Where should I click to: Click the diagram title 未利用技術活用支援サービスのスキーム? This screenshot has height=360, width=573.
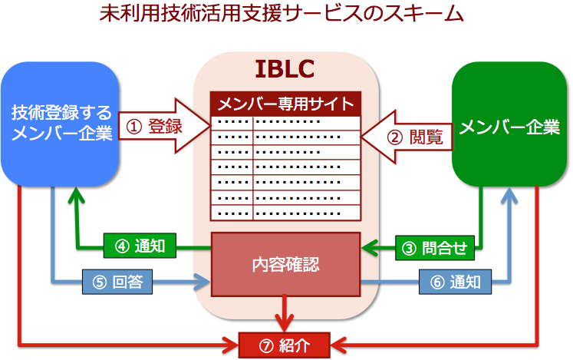(x=282, y=14)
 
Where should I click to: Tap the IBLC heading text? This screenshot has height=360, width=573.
(x=285, y=69)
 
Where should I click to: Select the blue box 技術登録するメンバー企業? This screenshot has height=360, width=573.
(x=61, y=124)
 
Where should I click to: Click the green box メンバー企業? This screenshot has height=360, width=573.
(x=509, y=124)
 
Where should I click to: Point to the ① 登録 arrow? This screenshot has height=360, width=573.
(x=164, y=126)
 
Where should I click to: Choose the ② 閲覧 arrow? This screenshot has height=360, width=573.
(x=407, y=137)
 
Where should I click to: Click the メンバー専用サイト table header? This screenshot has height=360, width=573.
(x=285, y=104)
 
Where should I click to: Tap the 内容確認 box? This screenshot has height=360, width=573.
(x=286, y=264)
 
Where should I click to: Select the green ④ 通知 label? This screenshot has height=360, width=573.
(x=140, y=246)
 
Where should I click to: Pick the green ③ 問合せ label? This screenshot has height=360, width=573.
(x=435, y=248)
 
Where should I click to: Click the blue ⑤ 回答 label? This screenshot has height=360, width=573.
(x=117, y=282)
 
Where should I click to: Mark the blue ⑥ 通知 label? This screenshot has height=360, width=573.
(x=455, y=282)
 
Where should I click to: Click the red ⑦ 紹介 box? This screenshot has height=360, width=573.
(x=285, y=345)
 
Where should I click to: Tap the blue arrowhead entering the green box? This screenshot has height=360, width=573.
(x=509, y=196)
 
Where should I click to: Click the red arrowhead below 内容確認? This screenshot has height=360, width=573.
(x=285, y=323)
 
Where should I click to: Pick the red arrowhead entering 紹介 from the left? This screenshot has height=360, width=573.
(x=231, y=345)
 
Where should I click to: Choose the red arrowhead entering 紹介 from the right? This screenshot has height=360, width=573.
(x=339, y=345)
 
